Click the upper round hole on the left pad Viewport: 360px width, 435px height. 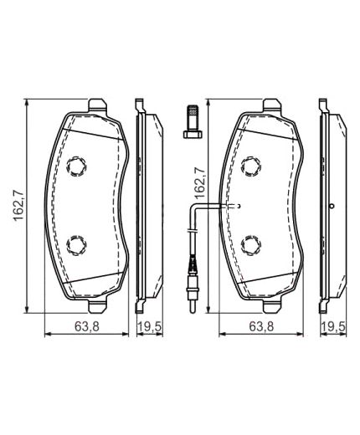[x=77, y=166]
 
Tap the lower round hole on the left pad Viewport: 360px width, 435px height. [x=77, y=244]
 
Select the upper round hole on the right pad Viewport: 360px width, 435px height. [x=249, y=166]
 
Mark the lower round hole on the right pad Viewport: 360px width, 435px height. [x=249, y=244]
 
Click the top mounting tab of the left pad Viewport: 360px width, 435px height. [x=98, y=105]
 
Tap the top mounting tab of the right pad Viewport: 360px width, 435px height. [x=270, y=105]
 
